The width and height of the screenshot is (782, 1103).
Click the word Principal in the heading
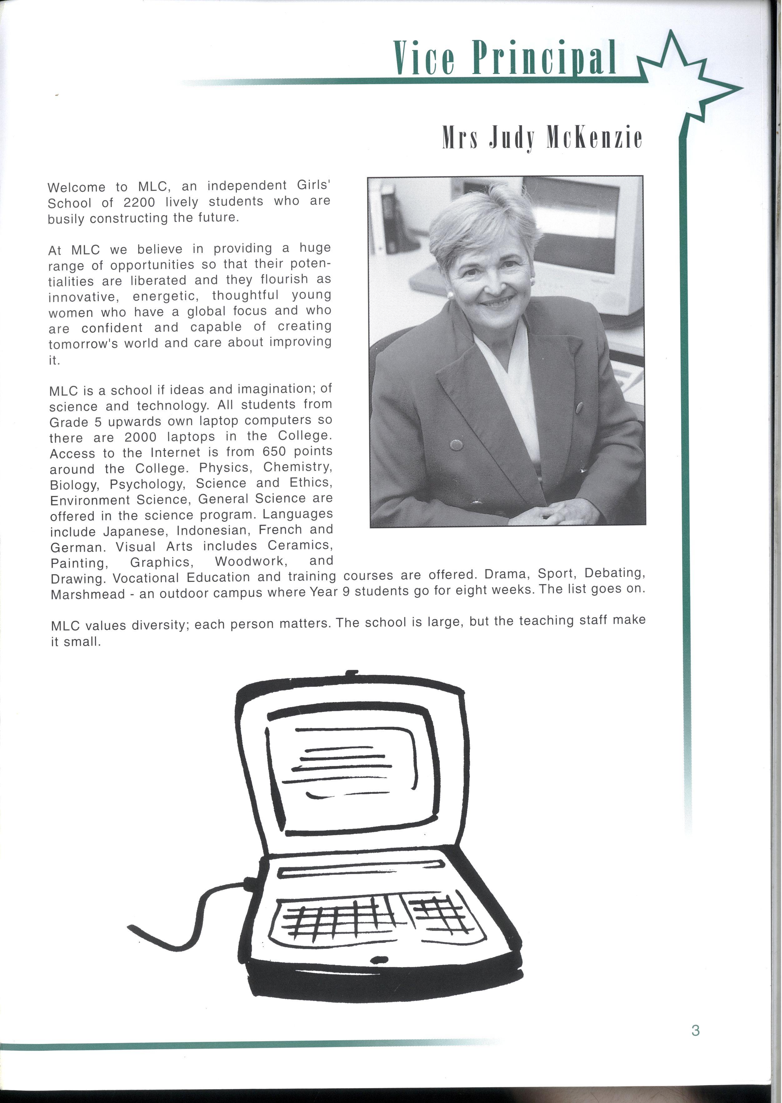(544, 58)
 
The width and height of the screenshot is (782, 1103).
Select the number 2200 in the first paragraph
(139, 203)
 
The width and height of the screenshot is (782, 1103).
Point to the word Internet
(175, 453)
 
